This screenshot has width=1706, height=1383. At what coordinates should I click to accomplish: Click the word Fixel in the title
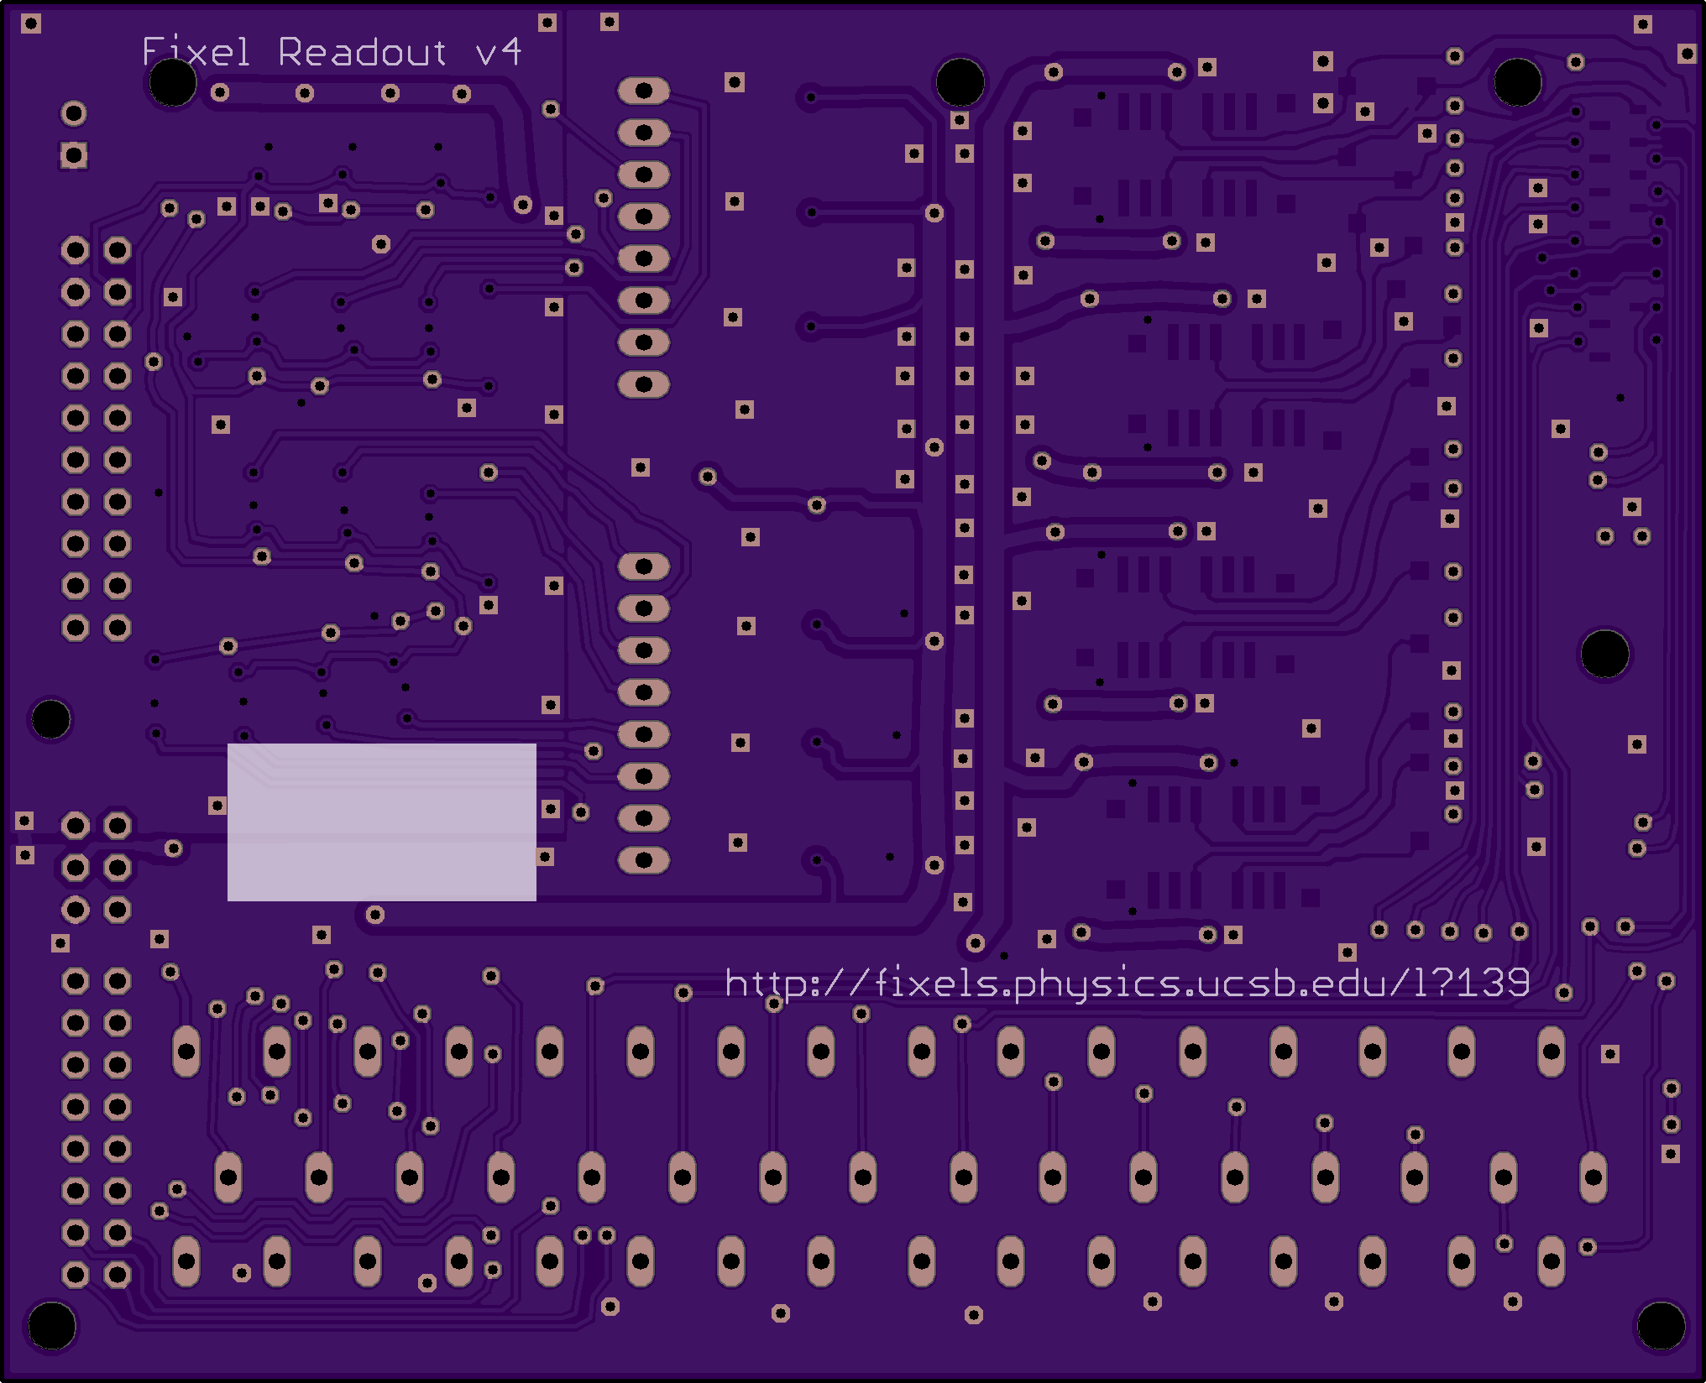click(196, 52)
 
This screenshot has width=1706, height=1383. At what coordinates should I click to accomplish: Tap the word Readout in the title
click(362, 52)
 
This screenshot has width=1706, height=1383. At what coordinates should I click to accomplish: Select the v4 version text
click(499, 52)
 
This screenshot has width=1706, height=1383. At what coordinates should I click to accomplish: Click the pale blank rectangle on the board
click(382, 822)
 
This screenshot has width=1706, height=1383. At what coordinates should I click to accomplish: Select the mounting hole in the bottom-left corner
click(52, 1325)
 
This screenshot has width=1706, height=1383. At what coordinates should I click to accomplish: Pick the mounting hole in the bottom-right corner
click(1661, 1325)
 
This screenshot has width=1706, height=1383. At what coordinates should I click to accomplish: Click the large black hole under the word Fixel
click(173, 82)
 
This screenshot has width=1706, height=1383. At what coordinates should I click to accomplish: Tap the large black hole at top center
click(960, 82)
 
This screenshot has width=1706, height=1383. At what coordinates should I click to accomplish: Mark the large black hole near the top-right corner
click(1517, 82)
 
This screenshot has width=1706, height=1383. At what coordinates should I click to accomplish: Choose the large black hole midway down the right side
click(1604, 654)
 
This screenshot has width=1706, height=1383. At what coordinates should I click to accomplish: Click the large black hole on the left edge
click(50, 719)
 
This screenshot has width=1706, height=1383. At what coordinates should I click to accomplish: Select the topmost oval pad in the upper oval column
click(644, 91)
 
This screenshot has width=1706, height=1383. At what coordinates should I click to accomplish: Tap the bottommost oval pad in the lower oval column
click(644, 860)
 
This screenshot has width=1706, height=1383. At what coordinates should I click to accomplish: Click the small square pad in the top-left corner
click(31, 23)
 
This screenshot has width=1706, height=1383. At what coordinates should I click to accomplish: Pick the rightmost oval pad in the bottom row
click(1552, 1261)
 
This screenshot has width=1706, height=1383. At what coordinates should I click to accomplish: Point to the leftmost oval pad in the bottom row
click(186, 1261)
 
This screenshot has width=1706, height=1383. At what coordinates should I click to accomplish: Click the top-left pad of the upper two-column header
click(76, 250)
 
